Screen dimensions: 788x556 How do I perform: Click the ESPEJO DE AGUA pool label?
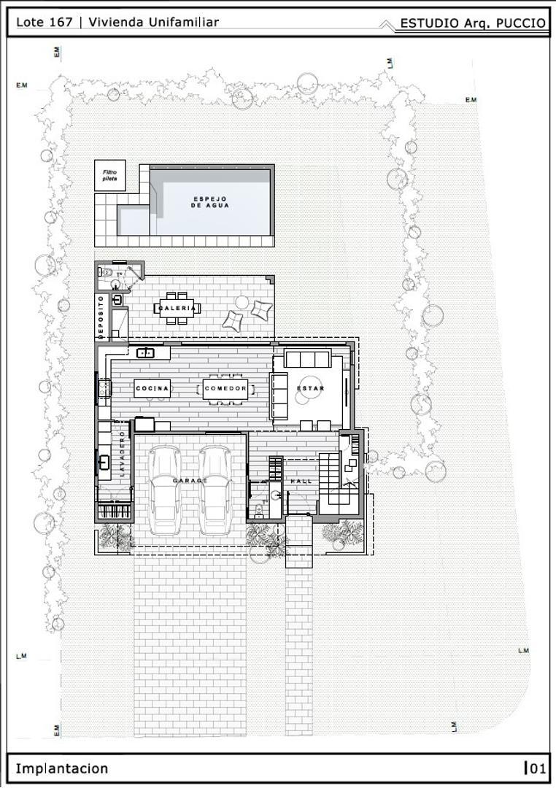click(210, 202)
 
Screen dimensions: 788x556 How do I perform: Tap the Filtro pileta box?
click(109, 175)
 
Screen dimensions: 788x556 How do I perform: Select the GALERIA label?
click(177, 308)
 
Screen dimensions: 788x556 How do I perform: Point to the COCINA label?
click(152, 388)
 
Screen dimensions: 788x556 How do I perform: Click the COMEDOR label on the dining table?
click(225, 388)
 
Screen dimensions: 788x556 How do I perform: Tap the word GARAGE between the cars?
click(190, 481)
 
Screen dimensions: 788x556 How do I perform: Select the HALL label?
click(301, 482)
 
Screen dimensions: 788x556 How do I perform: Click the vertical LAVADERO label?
click(122, 457)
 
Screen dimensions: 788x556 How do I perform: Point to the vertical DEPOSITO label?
click(101, 316)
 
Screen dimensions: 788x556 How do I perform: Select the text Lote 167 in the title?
click(44, 22)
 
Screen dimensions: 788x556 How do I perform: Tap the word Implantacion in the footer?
click(61, 768)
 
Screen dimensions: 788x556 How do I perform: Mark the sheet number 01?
click(538, 768)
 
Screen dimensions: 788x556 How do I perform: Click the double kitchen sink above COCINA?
click(145, 353)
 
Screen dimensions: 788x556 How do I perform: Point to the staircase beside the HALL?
click(331, 478)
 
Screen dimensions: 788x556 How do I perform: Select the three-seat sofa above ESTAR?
click(307, 358)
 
